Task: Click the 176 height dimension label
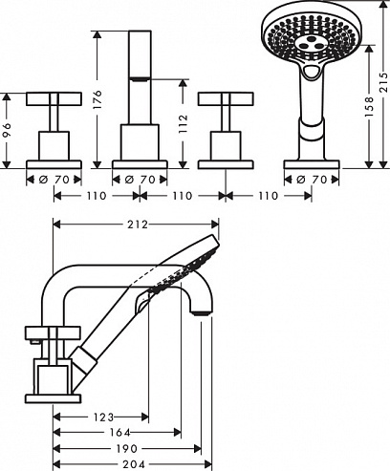(98, 99)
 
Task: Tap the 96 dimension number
(7, 130)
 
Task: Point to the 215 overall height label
(383, 82)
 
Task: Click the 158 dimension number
(369, 107)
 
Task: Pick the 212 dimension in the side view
(138, 225)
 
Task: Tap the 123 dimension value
(103, 417)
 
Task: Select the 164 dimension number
(119, 433)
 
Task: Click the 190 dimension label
(127, 449)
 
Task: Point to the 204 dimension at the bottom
(134, 464)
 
